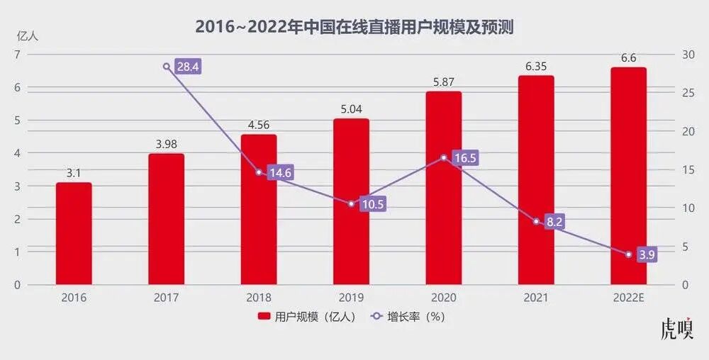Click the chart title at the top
coord(354,27)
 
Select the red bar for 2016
coord(74,233)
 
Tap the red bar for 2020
coord(444,188)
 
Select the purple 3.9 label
coord(647,254)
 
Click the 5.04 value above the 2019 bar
coord(351,109)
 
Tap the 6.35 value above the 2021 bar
coord(536,67)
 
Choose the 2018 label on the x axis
coord(259,298)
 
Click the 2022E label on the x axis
coord(628,298)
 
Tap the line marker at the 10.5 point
coord(351,203)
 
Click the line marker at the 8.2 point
coord(536,221)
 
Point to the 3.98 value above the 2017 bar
coord(166,145)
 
